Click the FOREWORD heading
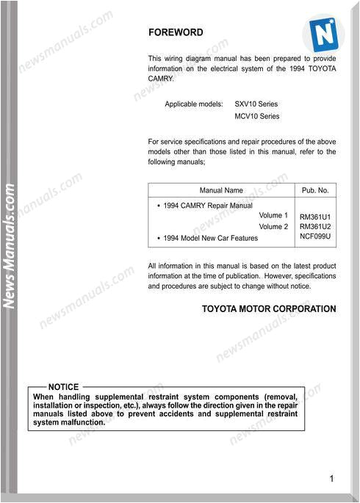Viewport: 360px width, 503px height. coord(176,32)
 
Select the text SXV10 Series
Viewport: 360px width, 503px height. coord(256,104)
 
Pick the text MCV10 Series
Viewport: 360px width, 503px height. coord(257,116)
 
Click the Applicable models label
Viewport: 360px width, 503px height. coord(193,104)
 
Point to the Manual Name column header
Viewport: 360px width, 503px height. coord(221,190)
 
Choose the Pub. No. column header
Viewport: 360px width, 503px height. coord(315,190)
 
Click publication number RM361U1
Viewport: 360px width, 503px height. coord(315,217)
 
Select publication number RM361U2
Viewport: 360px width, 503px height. coord(315,228)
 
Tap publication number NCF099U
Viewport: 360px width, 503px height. coord(315,238)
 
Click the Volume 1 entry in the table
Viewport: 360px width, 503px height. coord(273,216)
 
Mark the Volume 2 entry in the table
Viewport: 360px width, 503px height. coord(273,227)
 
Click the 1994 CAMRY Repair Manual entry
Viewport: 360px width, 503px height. coord(207,206)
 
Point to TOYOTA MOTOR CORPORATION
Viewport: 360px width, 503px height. coord(269,309)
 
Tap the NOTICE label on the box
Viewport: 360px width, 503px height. coord(63,387)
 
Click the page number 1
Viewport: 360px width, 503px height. coord(331,479)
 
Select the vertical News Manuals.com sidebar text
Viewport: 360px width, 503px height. coord(10,247)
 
